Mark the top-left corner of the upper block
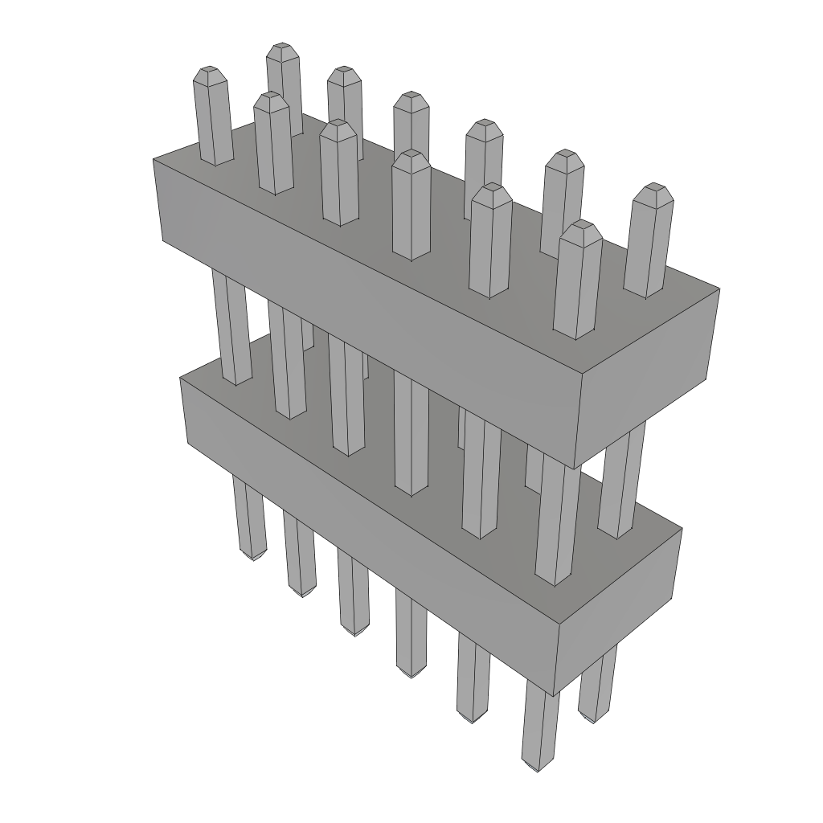(154, 159)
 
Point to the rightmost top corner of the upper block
(719, 289)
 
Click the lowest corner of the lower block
(554, 694)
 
